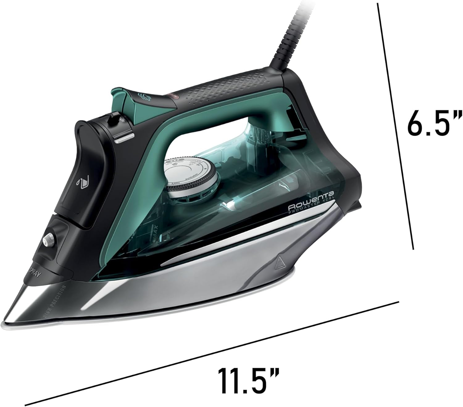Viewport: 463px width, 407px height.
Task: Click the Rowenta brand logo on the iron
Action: tap(312, 202)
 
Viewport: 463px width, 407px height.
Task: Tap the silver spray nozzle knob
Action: tap(48, 240)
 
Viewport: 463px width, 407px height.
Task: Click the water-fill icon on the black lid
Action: tap(81, 183)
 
